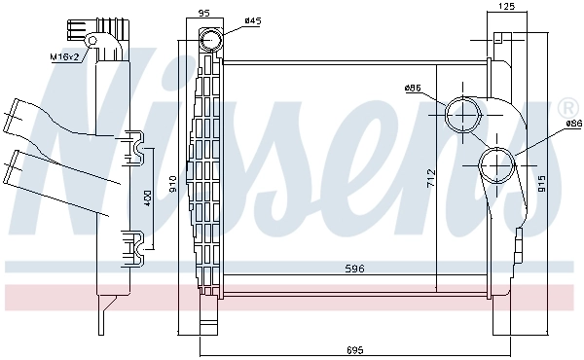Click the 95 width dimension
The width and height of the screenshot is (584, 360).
[x=203, y=14]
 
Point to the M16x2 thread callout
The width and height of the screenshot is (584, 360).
[x=65, y=57]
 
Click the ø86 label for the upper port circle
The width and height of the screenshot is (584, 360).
[x=413, y=89]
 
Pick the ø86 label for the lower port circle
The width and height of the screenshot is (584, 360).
[x=571, y=124]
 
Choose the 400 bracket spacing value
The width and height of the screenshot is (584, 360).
[x=148, y=197]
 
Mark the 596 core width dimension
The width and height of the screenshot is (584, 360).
[x=353, y=268]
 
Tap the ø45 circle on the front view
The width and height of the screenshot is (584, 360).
[x=210, y=42]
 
